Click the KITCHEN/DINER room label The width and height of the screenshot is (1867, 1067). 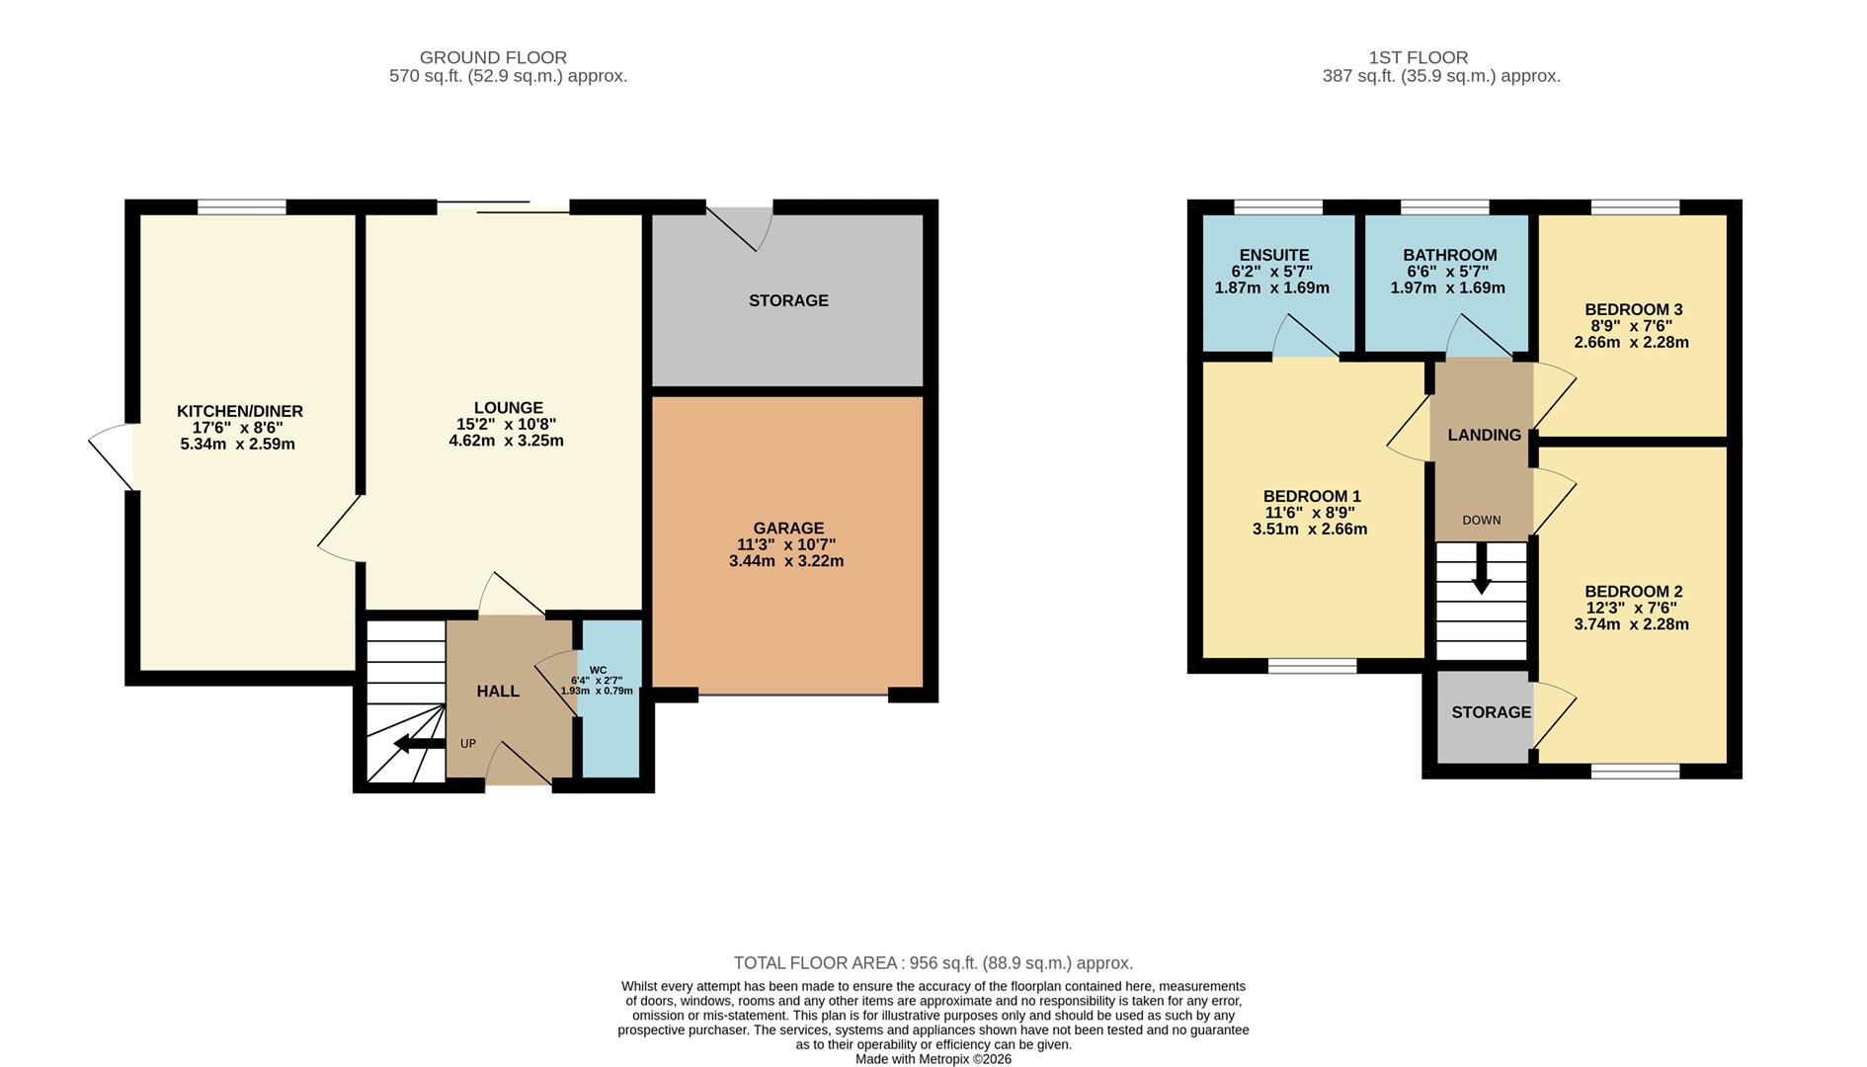[240, 411]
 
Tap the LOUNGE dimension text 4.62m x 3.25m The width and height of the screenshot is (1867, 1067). [506, 441]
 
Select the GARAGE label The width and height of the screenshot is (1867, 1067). [787, 529]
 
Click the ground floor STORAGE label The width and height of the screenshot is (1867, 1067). [788, 300]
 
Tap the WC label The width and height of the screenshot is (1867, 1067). [598, 670]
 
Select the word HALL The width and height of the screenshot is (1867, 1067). [498, 692]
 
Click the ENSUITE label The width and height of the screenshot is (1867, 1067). [1273, 255]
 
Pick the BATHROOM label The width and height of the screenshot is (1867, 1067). [1449, 255]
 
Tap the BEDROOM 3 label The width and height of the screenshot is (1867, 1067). [1633, 309]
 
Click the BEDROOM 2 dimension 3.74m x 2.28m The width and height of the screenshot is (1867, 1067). [1631, 624]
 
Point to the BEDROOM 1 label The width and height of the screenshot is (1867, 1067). [1311, 496]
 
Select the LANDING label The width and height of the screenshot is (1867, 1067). [1484, 435]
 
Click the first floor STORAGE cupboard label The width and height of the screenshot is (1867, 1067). [1491, 712]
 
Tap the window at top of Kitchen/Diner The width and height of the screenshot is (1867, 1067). [241, 206]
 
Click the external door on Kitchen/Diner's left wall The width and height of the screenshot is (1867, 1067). [112, 457]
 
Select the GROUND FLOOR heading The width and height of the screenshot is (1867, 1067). [493, 57]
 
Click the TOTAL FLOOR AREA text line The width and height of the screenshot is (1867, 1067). [933, 962]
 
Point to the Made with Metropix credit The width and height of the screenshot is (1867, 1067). [933, 1059]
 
